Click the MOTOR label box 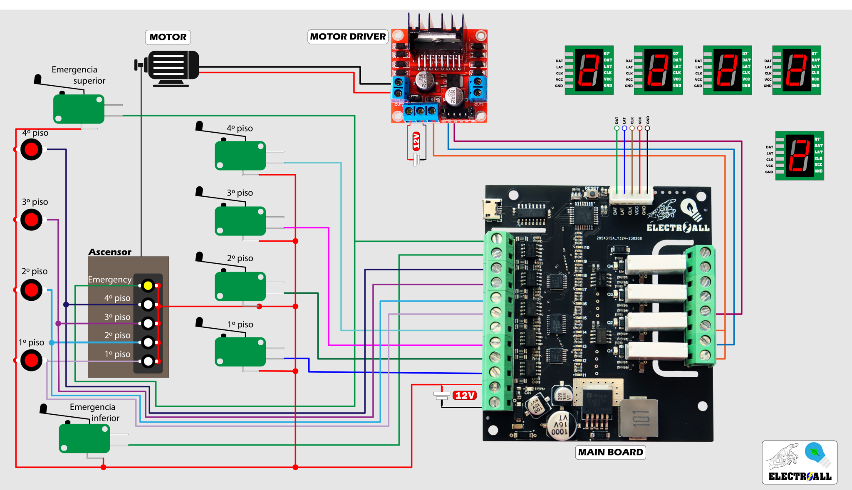point(168,37)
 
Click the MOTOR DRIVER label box point(348,37)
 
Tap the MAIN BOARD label point(610,452)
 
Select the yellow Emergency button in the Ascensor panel point(148,285)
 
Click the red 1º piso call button point(32,360)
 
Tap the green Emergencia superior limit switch point(79,109)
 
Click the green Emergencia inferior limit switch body point(84,438)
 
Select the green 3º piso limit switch point(240,221)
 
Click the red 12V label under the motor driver point(416,141)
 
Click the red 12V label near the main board point(465,395)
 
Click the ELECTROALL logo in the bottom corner point(799,463)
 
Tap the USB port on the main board point(492,209)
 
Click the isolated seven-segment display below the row point(799,156)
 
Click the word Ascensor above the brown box point(109,252)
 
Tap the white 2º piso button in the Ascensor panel point(148,342)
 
